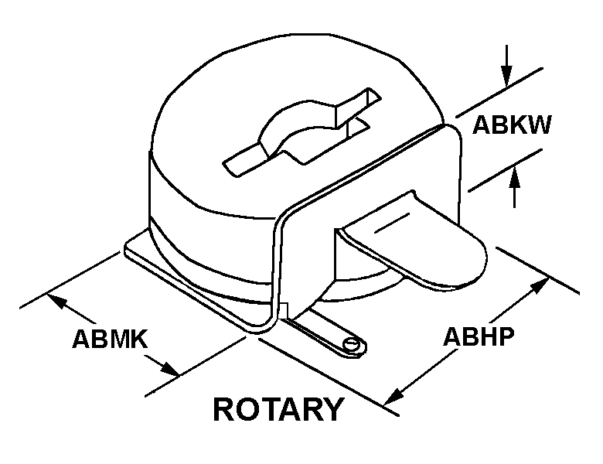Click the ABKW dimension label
tap(513, 125)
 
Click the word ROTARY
tap(278, 408)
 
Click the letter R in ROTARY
tap(225, 408)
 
